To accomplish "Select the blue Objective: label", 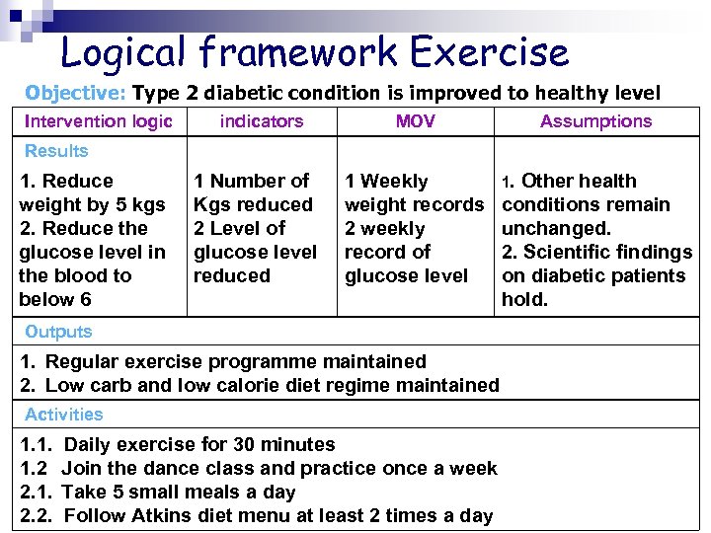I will pos(76,94).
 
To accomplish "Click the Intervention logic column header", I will pos(98,121).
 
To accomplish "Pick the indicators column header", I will pos(262,121).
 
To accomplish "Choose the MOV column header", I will pos(415,121).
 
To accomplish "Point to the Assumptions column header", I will pos(595,121).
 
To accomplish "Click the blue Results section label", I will pos(56,151).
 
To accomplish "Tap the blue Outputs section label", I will pos(58,332).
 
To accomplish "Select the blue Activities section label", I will pos(64,415).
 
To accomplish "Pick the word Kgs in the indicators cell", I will pos(210,204).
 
